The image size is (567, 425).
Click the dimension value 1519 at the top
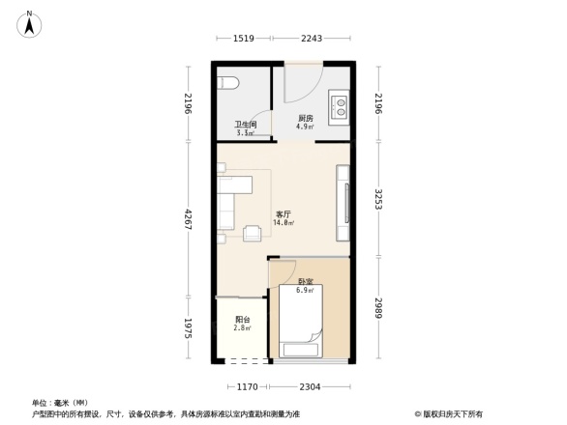pyautogui.click(x=243, y=39)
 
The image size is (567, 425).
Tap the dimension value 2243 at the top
pyautogui.click(x=312, y=39)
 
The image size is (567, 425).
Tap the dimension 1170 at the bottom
pyautogui.click(x=247, y=386)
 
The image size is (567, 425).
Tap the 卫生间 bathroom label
pyautogui.click(x=244, y=125)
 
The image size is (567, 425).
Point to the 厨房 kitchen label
pyautogui.click(x=305, y=119)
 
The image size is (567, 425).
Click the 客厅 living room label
pyautogui.click(x=283, y=215)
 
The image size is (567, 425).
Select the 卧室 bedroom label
pyautogui.click(x=305, y=283)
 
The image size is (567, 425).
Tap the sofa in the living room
pyautogui.click(x=225, y=205)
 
